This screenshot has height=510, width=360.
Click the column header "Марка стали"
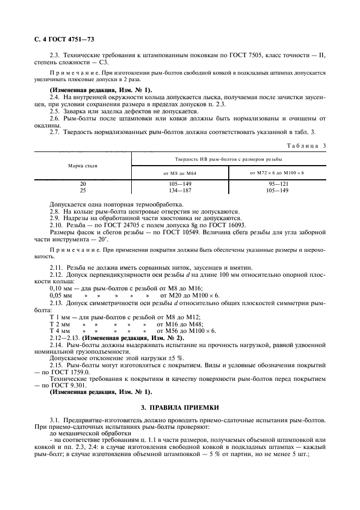(x=82, y=165)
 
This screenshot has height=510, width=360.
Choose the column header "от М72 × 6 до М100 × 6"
(x=277, y=173)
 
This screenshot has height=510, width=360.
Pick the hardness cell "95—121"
(x=277, y=184)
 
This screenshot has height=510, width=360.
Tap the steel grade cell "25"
(x=82, y=191)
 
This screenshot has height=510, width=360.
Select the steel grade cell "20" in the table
(x=82, y=184)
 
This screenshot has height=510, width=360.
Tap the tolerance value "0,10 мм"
(x=60, y=287)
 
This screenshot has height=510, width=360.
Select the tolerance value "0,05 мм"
(x=60, y=295)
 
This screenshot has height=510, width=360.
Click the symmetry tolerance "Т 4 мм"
(x=60, y=331)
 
